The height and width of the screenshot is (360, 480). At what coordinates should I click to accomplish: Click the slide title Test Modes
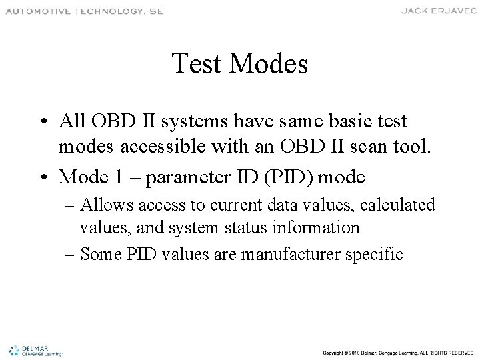click(239, 65)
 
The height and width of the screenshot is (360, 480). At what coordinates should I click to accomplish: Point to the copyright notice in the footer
click(397, 351)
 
